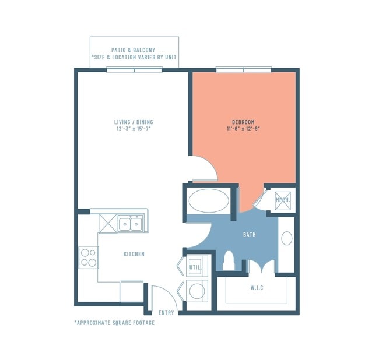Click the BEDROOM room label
(243, 122)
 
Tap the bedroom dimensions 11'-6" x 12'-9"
(243, 129)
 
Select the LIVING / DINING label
(134, 122)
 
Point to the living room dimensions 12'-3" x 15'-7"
(134, 129)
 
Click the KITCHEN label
(134, 254)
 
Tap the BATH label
(250, 234)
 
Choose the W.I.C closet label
(257, 288)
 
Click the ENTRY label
(166, 313)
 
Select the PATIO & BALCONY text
(133, 50)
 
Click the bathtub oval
(209, 201)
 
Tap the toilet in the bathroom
(229, 261)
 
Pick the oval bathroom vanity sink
(287, 238)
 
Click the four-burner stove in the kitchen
(89, 257)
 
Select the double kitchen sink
(131, 224)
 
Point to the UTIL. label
(195, 267)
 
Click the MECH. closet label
(283, 200)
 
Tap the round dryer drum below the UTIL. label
(197, 291)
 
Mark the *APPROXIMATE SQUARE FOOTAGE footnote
(114, 323)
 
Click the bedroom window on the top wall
(244, 70)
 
